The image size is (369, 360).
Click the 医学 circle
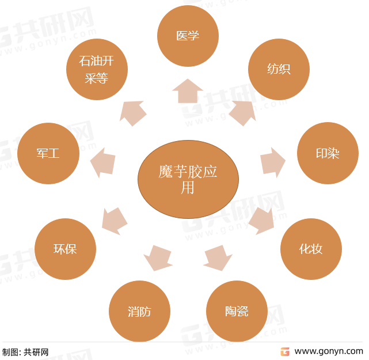click(188, 36)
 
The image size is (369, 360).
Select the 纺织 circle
click(279, 69)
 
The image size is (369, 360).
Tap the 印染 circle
click(328, 153)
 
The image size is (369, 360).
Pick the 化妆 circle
click(311, 249)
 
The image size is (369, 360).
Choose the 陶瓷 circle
click(237, 311)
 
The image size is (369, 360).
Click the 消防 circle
click(139, 311)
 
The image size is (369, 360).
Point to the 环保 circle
click(65, 249)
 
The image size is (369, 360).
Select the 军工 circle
click(48, 153)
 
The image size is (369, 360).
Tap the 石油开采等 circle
click(97, 69)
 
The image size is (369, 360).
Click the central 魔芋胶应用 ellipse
click(188, 179)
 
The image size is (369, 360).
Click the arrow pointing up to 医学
click(188, 91)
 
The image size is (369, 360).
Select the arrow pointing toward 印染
click(273, 162)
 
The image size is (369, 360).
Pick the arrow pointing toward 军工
click(103, 162)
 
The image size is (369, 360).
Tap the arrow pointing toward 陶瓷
click(218, 258)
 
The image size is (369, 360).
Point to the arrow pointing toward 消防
click(158, 258)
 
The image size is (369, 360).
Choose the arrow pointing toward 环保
click(115, 221)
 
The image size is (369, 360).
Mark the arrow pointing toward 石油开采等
click(133, 113)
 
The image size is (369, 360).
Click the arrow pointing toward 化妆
click(261, 221)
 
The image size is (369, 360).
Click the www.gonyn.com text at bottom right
click(329, 351)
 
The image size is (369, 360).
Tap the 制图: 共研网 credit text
click(25, 353)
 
